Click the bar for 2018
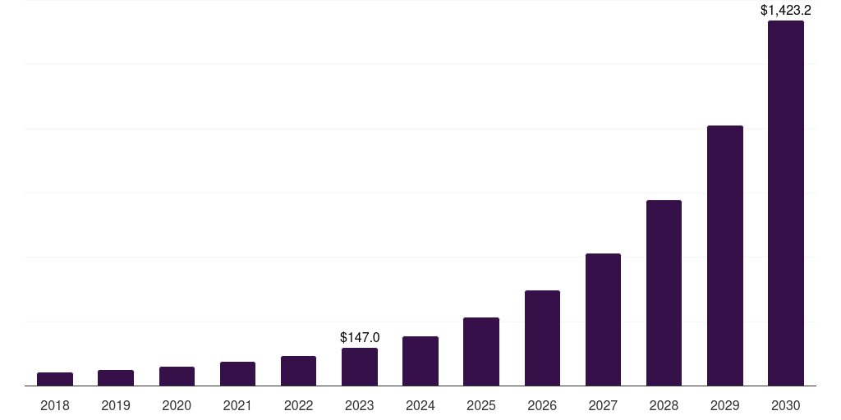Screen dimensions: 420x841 pyautogui.click(x=55, y=379)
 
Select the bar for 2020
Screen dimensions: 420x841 pyautogui.click(x=177, y=377)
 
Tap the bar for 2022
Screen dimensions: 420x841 pyautogui.click(x=298, y=371)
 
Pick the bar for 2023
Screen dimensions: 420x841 pyautogui.click(x=360, y=367)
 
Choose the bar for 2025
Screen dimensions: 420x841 pyautogui.click(x=481, y=352)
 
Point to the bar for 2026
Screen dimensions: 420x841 pyautogui.click(x=542, y=338)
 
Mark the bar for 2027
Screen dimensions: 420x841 pyautogui.click(x=603, y=320)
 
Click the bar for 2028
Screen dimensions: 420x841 pyautogui.click(x=664, y=293)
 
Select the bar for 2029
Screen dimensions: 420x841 pyautogui.click(x=725, y=256)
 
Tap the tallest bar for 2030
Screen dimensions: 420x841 pyautogui.click(x=786, y=203)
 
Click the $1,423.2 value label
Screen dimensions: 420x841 pyautogui.click(x=786, y=11)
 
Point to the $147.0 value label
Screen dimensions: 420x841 pyautogui.click(x=360, y=337)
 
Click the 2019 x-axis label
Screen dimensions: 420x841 pyautogui.click(x=116, y=405)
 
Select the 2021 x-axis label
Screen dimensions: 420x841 pyautogui.click(x=237, y=405)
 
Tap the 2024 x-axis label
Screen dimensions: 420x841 pyautogui.click(x=420, y=405)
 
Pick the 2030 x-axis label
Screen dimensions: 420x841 pyautogui.click(x=786, y=405)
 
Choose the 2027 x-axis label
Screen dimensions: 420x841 pyautogui.click(x=603, y=405)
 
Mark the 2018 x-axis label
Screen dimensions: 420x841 pyautogui.click(x=55, y=405)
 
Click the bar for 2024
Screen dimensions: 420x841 pyautogui.click(x=420, y=361)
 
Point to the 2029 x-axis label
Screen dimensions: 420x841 pyautogui.click(x=725, y=405)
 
